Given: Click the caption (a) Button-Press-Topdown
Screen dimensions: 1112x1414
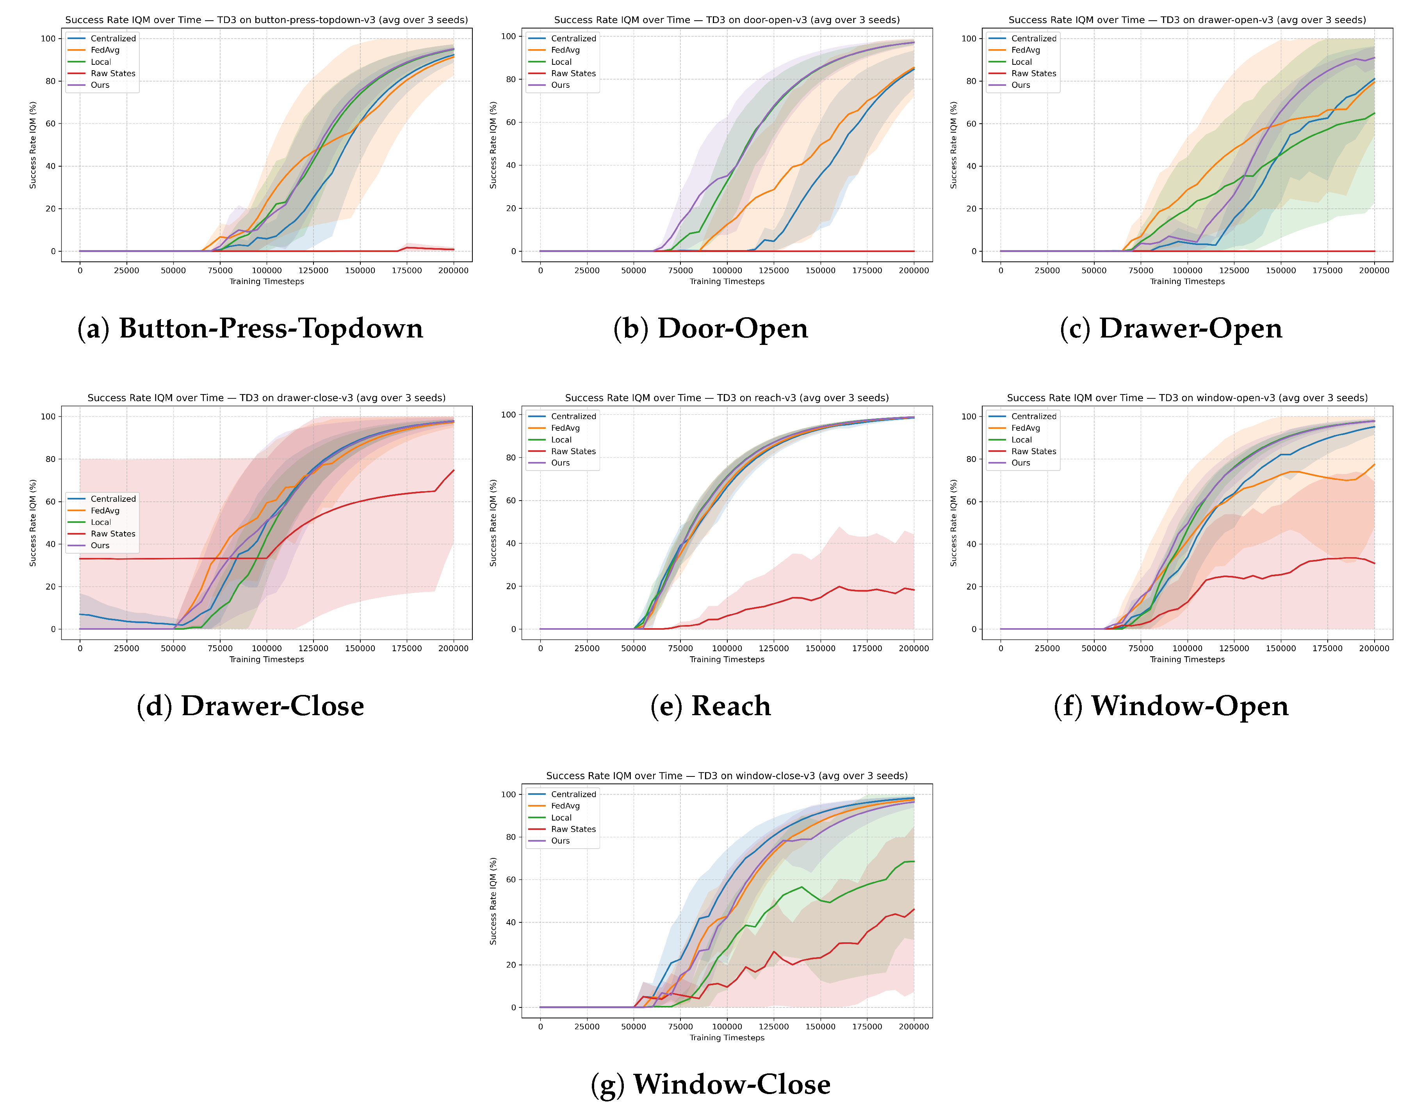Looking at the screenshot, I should (250, 328).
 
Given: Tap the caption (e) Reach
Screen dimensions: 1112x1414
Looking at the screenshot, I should (710, 706).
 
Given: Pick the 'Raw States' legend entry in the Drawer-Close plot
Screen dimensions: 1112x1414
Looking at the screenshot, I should (113, 534).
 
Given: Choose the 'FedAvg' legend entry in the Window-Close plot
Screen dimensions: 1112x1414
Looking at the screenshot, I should (565, 806).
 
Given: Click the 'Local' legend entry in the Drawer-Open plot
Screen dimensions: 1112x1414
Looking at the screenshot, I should (1021, 62).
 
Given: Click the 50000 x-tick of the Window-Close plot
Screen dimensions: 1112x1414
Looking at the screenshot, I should (633, 1027).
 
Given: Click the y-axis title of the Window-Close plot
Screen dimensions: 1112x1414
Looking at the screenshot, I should (493, 901).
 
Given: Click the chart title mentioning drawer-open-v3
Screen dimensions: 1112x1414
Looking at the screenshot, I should (1187, 20).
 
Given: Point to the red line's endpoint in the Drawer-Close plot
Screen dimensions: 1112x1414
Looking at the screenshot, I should (453, 470).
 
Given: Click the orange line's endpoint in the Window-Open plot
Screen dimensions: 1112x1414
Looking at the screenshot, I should (1374, 464).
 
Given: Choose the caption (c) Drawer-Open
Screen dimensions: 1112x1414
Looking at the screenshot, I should (1170, 328).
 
